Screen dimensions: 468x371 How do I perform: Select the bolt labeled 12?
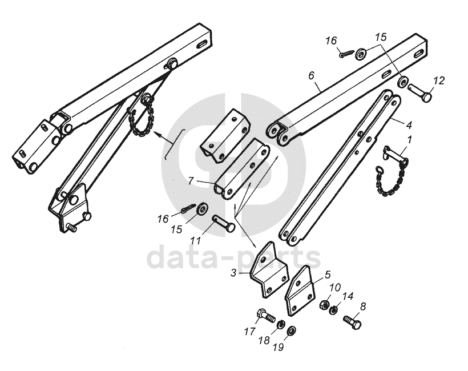tap(421, 93)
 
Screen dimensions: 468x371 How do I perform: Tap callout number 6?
tap(311, 75)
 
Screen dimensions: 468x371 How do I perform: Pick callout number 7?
tap(191, 181)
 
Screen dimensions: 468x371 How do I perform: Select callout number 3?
tap(233, 273)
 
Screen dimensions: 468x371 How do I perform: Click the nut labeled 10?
tap(322, 304)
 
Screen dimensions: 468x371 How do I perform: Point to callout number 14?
tap(348, 296)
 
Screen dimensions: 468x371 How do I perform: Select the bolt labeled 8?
tap(352, 322)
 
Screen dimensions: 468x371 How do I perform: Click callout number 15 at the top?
tap(381, 37)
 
